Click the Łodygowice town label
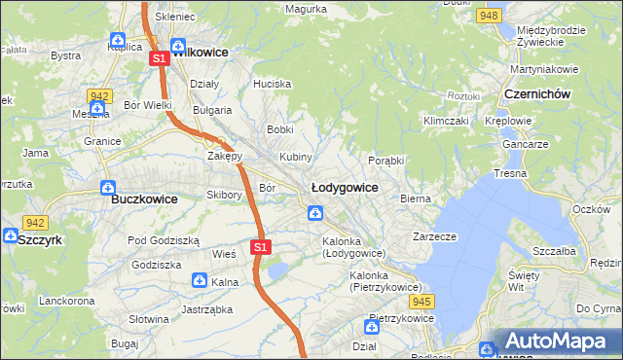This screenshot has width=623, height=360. click(344, 186)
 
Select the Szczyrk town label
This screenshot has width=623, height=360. click(40, 236)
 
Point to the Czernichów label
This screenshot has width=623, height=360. click(537, 93)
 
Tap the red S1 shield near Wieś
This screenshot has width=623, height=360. click(260, 247)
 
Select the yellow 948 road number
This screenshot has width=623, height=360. click(490, 16)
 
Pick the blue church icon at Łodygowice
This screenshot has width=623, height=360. click(315, 213)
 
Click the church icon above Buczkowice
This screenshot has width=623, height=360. click(109, 187)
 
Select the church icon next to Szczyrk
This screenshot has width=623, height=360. click(9, 235)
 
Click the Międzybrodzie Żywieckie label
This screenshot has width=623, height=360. click(551, 37)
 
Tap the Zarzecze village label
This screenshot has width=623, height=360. click(434, 235)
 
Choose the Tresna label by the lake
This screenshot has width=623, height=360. click(510, 172)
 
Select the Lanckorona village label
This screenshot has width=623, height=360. click(66, 302)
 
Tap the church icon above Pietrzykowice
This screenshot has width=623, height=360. click(373, 326)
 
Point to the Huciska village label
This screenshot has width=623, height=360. click(272, 84)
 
